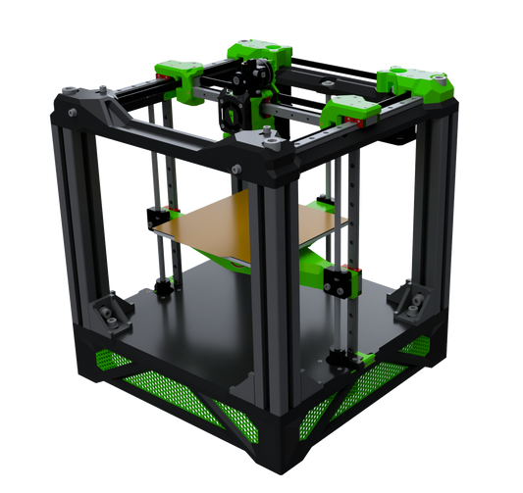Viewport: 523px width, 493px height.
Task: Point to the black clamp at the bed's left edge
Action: pyautogui.click(x=155, y=218)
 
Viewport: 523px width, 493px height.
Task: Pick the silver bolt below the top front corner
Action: pyautogui.click(x=236, y=173)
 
